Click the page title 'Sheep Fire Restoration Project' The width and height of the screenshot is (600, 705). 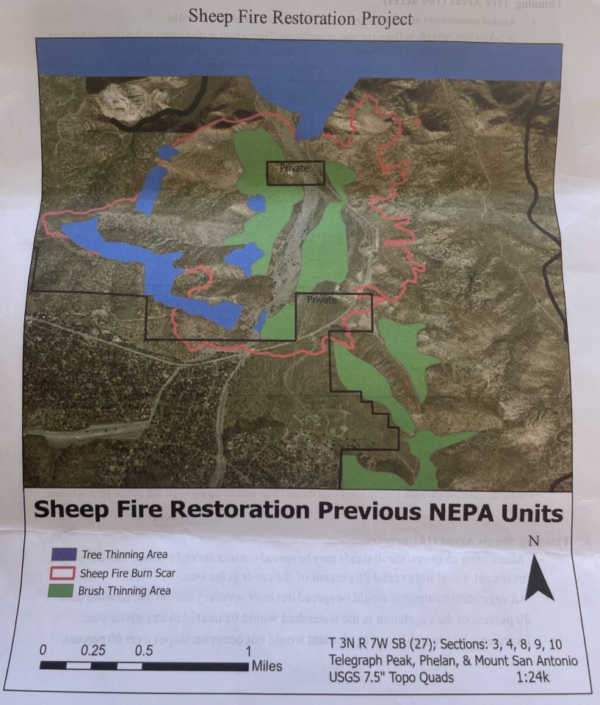click(300, 16)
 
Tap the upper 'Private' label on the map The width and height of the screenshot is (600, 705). click(294, 169)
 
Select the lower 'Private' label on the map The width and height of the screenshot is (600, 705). click(321, 300)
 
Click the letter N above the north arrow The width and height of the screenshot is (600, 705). click(534, 541)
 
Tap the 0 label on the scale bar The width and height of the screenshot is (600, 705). click(44, 650)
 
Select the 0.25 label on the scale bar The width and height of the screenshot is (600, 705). click(94, 650)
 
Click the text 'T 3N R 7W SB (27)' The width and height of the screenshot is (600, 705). click(380, 644)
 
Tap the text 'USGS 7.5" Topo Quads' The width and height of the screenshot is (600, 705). click(391, 677)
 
